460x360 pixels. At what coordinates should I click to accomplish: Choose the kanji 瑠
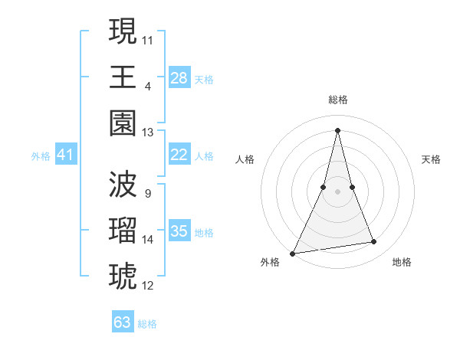[x=123, y=230]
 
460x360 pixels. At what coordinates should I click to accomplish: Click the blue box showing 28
[x=179, y=77]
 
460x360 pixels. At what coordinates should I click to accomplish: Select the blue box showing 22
[x=179, y=155]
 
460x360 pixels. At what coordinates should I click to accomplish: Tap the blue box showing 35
[x=179, y=231]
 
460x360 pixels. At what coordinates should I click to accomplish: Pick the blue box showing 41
[x=65, y=155]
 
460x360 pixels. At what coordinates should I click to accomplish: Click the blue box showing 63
[x=123, y=322]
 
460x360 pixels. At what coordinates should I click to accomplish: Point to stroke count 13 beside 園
[x=148, y=133]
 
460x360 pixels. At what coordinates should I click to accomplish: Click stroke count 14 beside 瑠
[x=148, y=240]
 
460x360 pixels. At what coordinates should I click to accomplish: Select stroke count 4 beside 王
[x=147, y=86]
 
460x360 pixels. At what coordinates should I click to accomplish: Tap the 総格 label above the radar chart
[x=338, y=100]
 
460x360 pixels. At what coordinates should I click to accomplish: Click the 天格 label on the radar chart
[x=432, y=159]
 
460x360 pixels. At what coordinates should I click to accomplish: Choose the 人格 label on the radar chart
[x=245, y=159]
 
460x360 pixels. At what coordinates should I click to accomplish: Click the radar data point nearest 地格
[x=374, y=242]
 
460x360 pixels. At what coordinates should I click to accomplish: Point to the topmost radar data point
[x=338, y=129]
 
